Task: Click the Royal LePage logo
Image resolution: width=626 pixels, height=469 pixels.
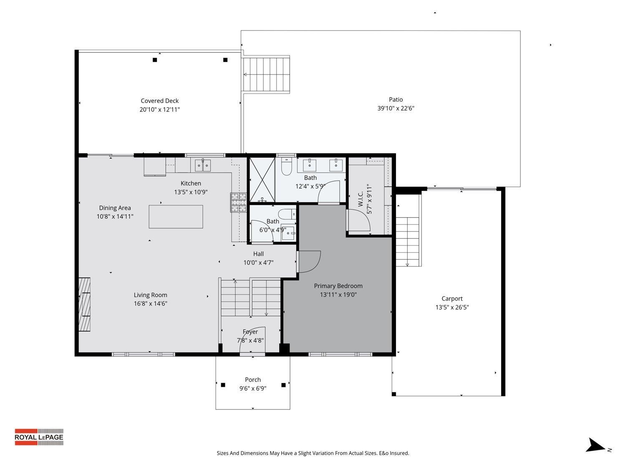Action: coord(39,437)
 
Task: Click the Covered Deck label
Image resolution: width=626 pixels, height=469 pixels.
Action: coord(159,101)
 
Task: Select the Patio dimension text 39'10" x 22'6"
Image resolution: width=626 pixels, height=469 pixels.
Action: coord(396,108)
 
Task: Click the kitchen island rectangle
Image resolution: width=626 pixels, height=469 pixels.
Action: coord(176,216)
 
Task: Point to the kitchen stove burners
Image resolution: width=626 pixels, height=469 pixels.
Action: coord(238,203)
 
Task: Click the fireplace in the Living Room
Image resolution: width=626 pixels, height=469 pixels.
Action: coord(85,304)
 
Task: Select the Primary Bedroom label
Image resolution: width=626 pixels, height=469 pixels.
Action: coord(338,286)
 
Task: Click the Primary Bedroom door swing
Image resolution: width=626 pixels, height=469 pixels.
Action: coord(309,261)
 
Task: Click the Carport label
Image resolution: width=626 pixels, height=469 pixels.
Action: coord(452,298)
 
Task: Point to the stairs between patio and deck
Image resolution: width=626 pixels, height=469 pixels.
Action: coord(266,75)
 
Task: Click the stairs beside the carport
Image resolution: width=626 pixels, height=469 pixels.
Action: coord(407,242)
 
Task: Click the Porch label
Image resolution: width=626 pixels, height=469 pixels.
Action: coord(252,380)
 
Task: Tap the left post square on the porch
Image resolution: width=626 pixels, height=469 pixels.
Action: coord(223,385)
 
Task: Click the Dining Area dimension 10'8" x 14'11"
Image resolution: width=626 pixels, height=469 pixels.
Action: coord(115,217)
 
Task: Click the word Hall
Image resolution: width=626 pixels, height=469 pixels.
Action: coord(258,254)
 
